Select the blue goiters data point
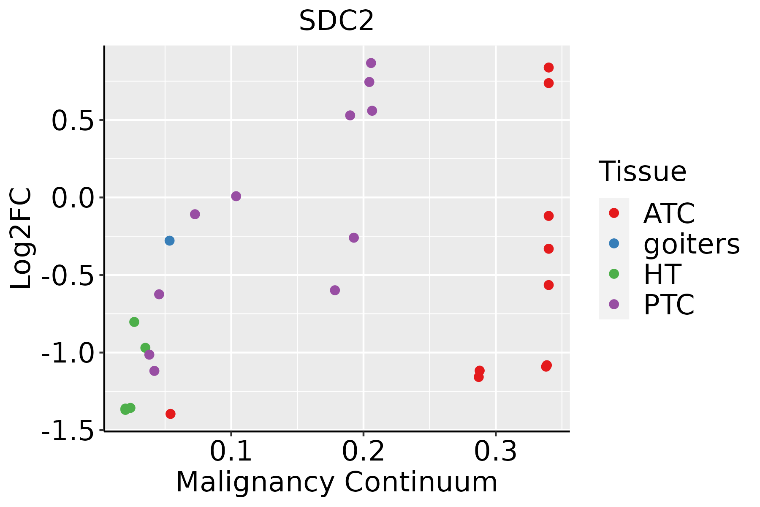(x=169, y=241)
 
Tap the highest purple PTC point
(x=371, y=63)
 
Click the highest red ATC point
(x=548, y=68)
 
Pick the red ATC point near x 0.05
(x=171, y=414)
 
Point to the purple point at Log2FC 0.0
(x=236, y=196)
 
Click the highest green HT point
(x=134, y=322)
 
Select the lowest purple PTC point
(x=155, y=371)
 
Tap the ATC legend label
(x=669, y=213)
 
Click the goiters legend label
(x=691, y=244)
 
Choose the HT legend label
(x=662, y=274)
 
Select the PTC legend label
(x=669, y=305)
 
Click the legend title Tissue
(x=643, y=172)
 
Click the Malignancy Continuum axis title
(x=337, y=482)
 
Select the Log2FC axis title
(x=21, y=239)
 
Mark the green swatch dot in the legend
(x=614, y=274)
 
